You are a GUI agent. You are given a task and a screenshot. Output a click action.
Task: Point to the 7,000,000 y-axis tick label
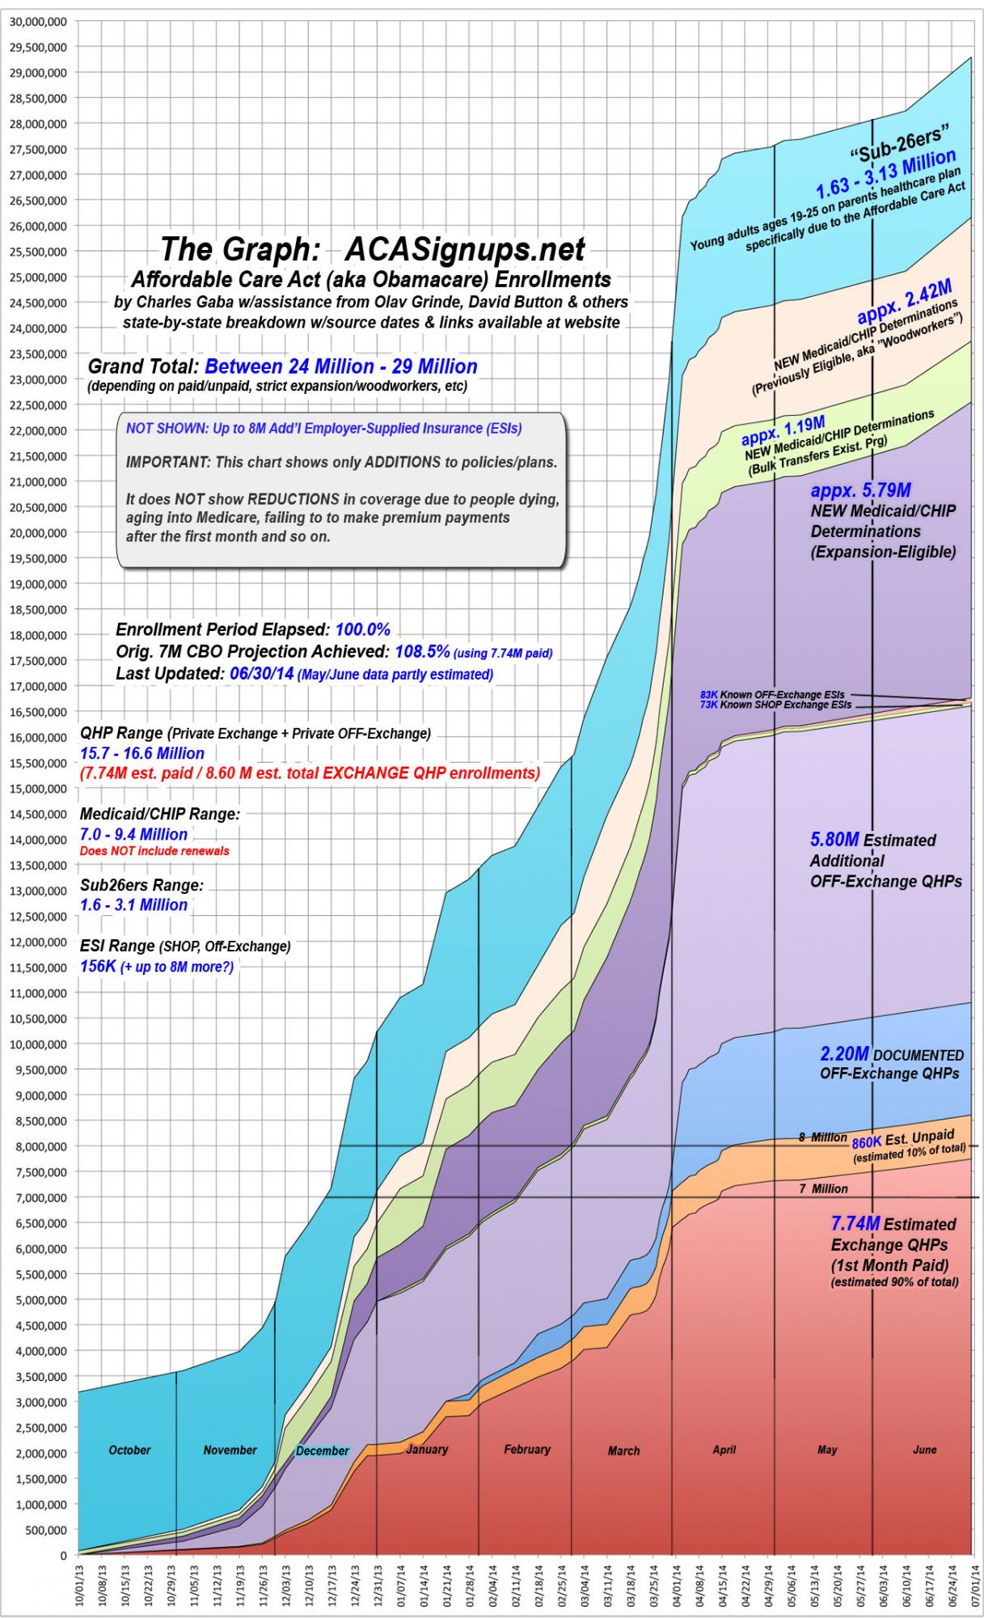(x=40, y=1197)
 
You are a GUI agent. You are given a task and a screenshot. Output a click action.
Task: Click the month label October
(x=129, y=1450)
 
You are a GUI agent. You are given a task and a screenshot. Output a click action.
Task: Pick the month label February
(x=526, y=1449)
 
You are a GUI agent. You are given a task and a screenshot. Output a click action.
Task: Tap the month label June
(x=924, y=1449)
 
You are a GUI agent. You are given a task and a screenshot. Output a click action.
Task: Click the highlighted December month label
(x=322, y=1451)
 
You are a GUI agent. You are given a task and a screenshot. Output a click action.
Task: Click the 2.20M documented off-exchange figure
(x=844, y=1054)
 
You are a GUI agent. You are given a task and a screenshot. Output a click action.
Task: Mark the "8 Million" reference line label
(x=822, y=1137)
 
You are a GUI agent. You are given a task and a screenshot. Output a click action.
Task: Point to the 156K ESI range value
(x=98, y=966)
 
